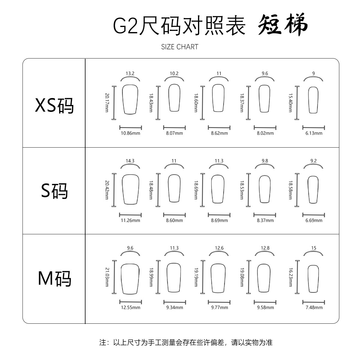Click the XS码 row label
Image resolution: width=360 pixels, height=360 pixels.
click(x=54, y=105)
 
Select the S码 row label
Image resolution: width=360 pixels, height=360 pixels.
click(x=54, y=190)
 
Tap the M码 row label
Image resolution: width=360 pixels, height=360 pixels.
click(x=54, y=278)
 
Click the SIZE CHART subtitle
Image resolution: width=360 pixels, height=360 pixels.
click(x=180, y=47)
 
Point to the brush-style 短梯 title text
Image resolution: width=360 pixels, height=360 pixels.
click(x=283, y=25)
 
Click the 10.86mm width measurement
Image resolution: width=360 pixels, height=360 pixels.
click(x=130, y=133)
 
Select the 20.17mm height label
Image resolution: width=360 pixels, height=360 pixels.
click(x=107, y=103)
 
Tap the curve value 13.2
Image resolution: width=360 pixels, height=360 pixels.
click(x=130, y=73)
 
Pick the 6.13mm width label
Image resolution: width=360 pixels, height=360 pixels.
click(x=314, y=133)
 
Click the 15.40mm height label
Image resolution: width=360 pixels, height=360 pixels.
click(x=290, y=103)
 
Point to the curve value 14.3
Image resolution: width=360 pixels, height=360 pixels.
click(x=130, y=161)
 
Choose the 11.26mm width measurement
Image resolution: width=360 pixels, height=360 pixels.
click(x=130, y=220)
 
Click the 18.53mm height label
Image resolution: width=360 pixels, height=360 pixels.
click(x=241, y=190)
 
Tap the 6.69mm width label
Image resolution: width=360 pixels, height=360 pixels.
click(x=314, y=220)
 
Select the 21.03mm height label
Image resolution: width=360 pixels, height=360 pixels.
click(x=107, y=277)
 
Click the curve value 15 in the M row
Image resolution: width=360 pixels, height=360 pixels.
click(x=313, y=248)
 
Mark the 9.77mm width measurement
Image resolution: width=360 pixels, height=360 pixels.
click(x=219, y=307)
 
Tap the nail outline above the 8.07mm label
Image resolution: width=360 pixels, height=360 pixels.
click(x=174, y=98)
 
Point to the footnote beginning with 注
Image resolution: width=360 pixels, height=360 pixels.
click(x=186, y=342)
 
